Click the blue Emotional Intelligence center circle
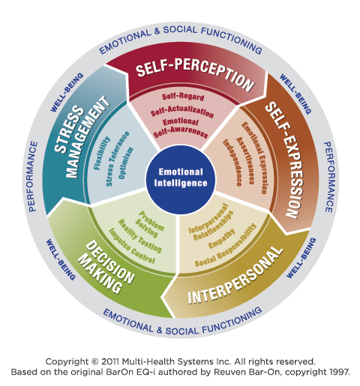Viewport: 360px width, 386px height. pyautogui.click(x=180, y=179)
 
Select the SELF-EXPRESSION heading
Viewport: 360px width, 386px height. pyautogui.click(x=284, y=160)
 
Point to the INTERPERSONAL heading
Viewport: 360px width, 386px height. pyautogui.click(x=235, y=276)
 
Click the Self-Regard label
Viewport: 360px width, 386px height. pyautogui.click(x=183, y=97)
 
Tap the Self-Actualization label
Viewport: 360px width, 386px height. pyautogui.click(x=182, y=112)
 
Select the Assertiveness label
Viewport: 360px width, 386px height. pyautogui.click(x=245, y=160)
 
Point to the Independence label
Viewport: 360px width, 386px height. pyautogui.click(x=232, y=163)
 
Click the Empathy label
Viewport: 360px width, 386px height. pyautogui.click(x=222, y=238)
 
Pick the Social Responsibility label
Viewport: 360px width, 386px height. pyautogui.click(x=226, y=245)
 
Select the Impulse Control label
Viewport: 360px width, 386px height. pyautogui.click(x=132, y=246)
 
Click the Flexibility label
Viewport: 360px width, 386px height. pyautogui.click(x=102, y=153)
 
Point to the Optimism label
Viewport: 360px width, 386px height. pyautogui.click(x=125, y=163)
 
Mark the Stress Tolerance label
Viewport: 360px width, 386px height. pyautogui.click(x=118, y=158)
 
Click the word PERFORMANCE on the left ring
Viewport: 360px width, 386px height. pyautogui.click(x=33, y=176)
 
